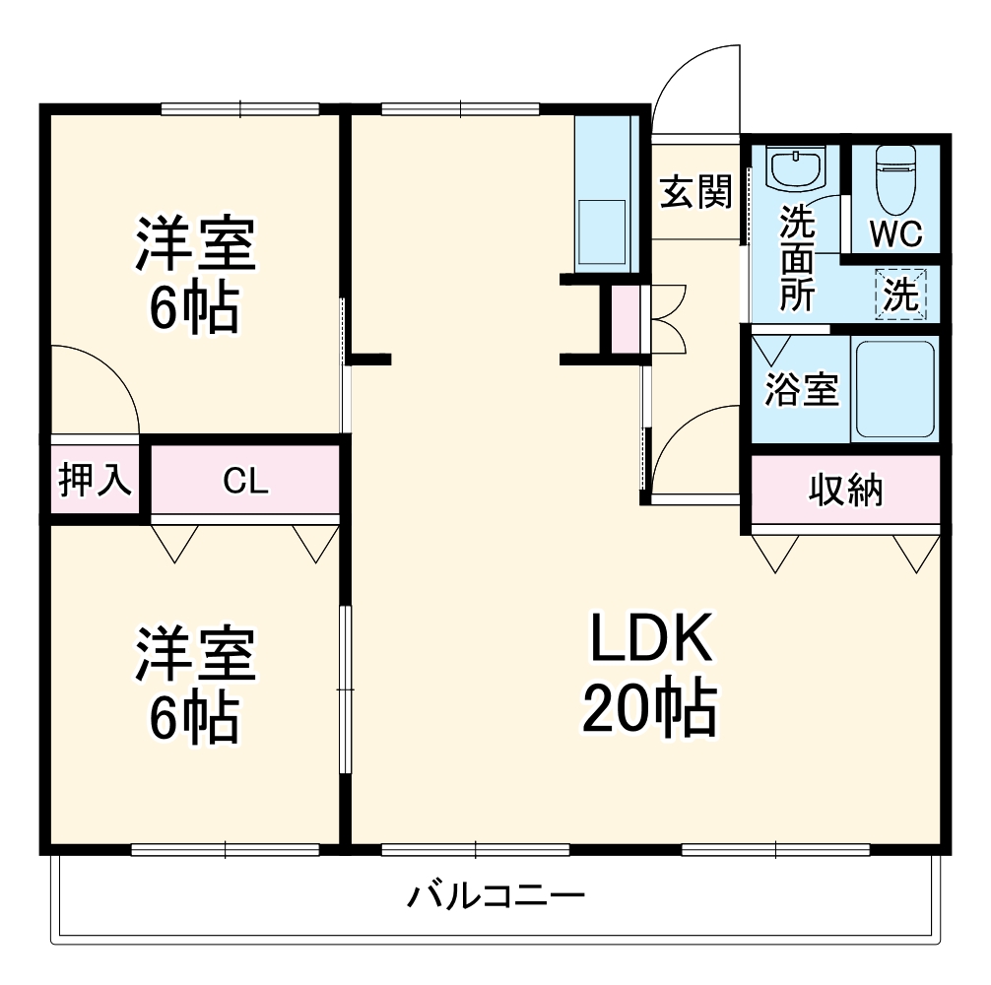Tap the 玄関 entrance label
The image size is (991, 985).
695,193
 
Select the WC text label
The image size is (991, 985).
895,234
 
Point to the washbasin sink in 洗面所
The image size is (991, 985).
796,168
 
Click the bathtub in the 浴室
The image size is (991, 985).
894,388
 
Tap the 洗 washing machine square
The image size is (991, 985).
901,295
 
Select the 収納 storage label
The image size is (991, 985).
846,490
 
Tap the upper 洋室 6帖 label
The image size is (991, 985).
194,276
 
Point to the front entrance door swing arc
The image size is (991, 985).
694,84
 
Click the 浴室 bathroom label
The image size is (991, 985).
802,390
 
